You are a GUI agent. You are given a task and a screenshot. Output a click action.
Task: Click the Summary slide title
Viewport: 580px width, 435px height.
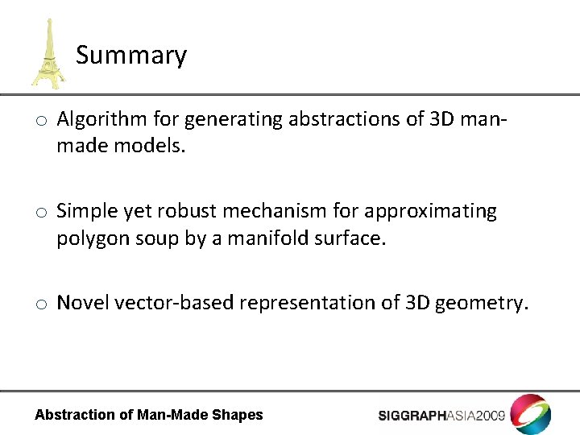pos(131,56)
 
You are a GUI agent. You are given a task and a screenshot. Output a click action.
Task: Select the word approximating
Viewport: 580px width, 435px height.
pos(431,212)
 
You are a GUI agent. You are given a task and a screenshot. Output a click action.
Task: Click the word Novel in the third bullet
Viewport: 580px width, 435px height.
pos(83,303)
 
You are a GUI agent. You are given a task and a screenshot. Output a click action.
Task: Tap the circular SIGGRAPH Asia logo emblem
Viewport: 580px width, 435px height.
pos(531,414)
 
